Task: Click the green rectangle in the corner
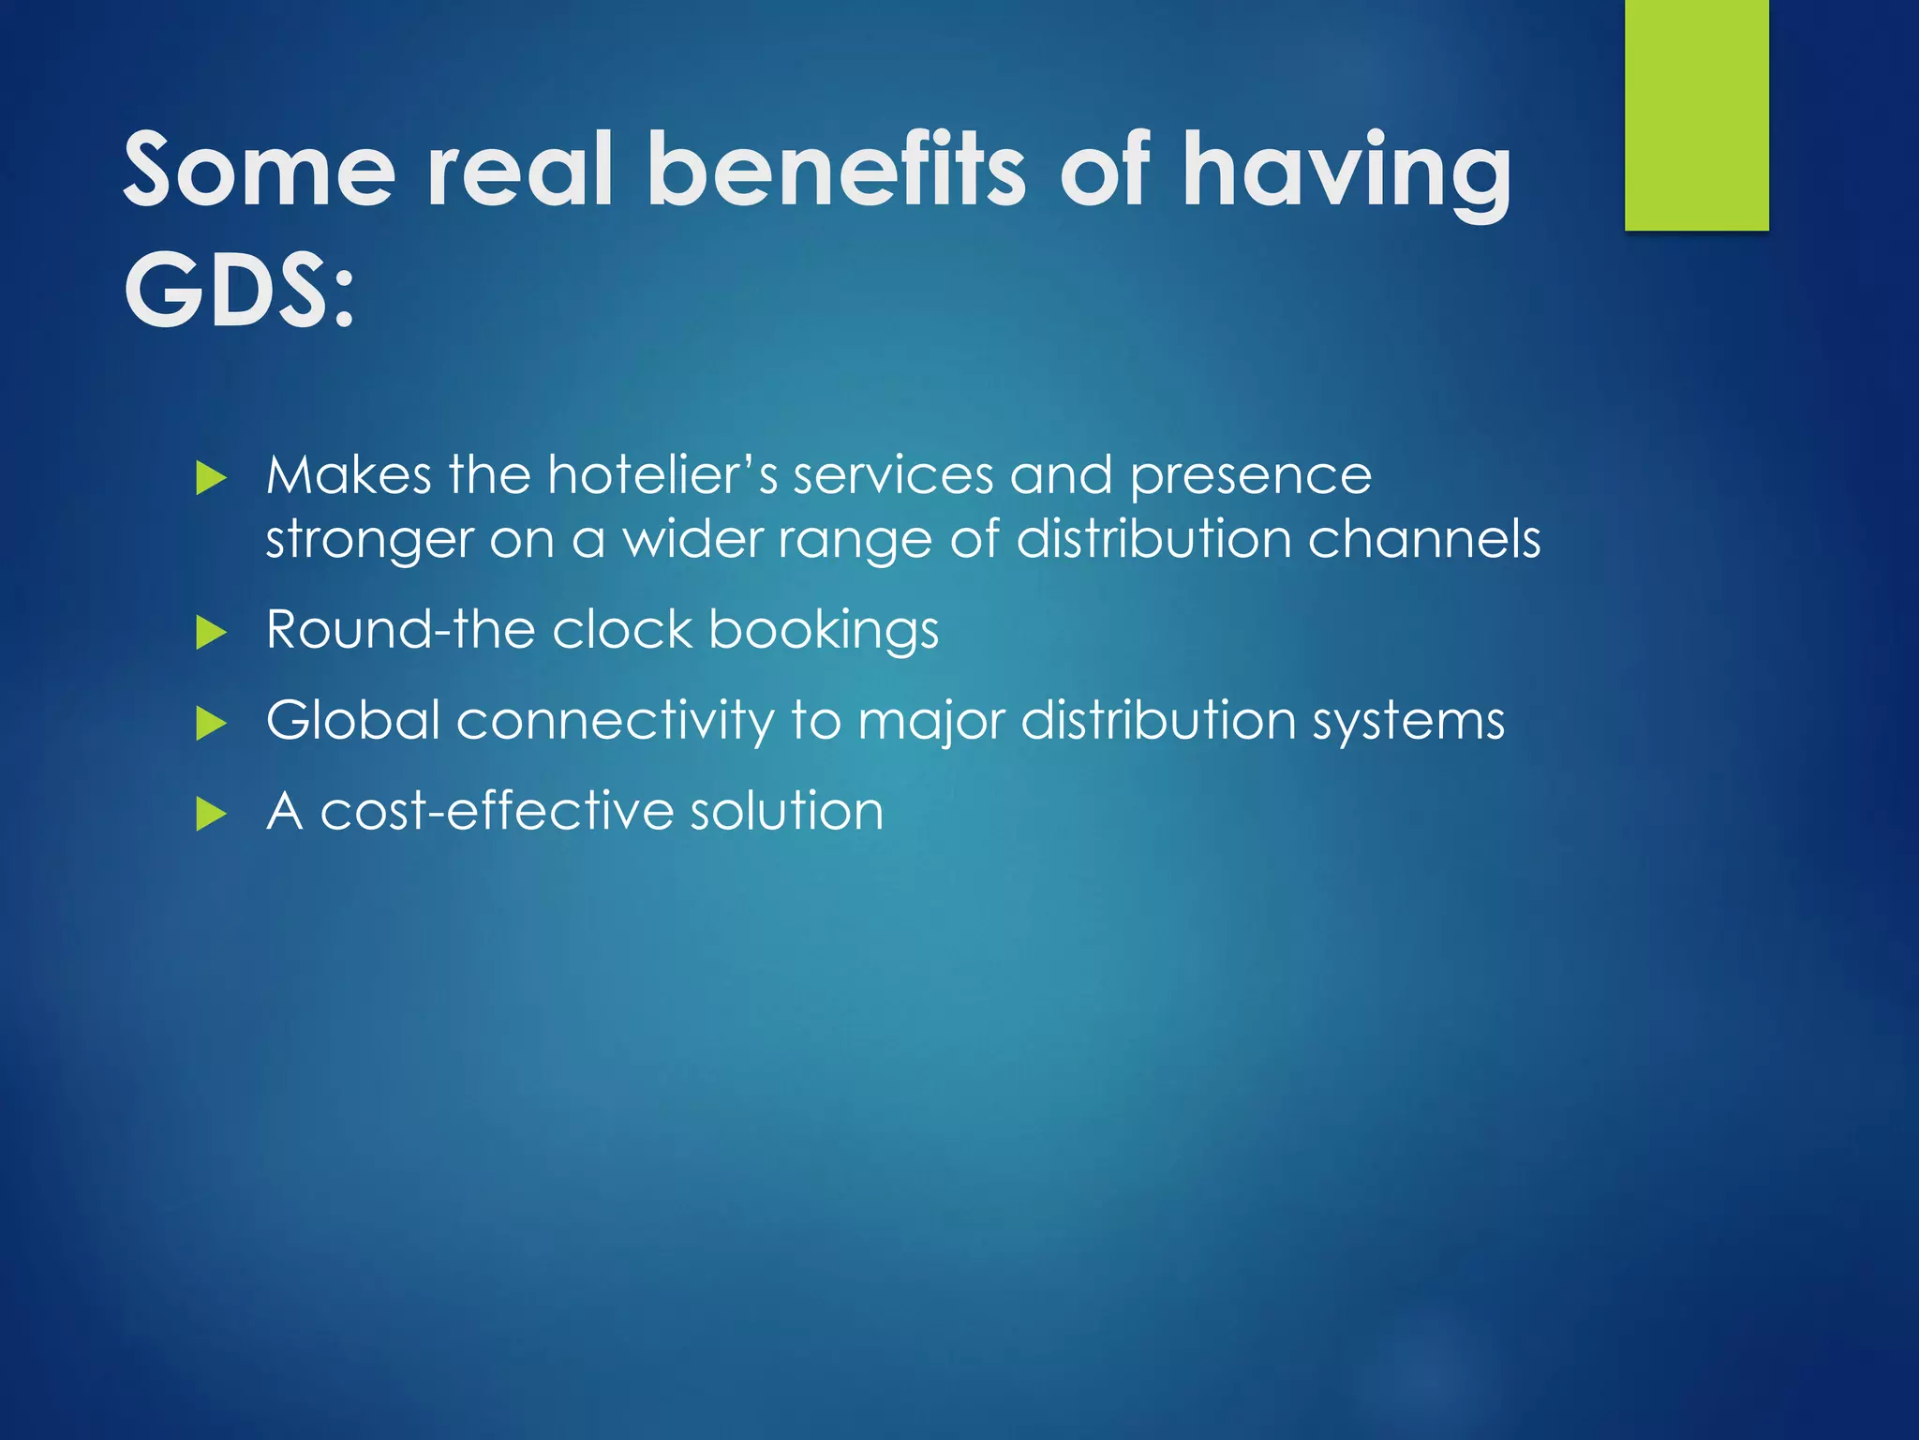tap(1696, 114)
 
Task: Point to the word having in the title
tap(1346, 173)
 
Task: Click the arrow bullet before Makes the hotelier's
tap(212, 479)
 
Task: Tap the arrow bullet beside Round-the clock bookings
tap(212, 633)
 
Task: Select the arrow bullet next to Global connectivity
tap(212, 724)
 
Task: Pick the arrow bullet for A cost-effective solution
tap(212, 814)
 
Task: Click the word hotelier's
tap(662, 475)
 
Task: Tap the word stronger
tap(369, 542)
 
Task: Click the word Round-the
tap(400, 629)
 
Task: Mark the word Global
tap(353, 720)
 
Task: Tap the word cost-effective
tap(497, 811)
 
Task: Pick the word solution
tap(787, 811)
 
